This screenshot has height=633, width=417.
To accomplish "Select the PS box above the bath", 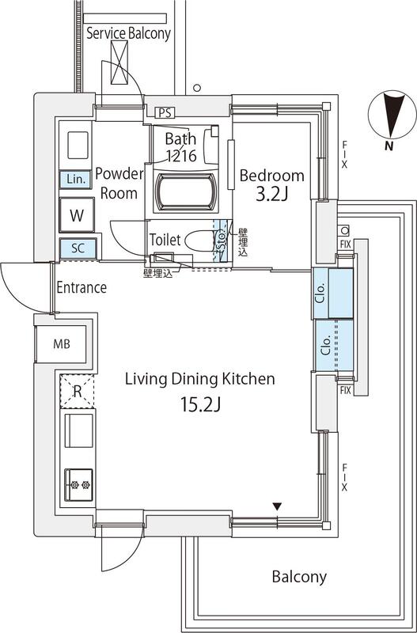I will coord(165,112).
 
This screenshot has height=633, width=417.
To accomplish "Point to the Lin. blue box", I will coord(76,179).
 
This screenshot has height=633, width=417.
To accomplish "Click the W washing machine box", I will coord(77,214).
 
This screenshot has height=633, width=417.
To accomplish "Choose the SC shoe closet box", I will coord(78,248).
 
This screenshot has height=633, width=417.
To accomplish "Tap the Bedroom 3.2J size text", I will coord(272,195).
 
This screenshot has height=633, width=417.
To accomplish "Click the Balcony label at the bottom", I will coord(299,577).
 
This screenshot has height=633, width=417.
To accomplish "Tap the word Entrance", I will coord(81,287).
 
